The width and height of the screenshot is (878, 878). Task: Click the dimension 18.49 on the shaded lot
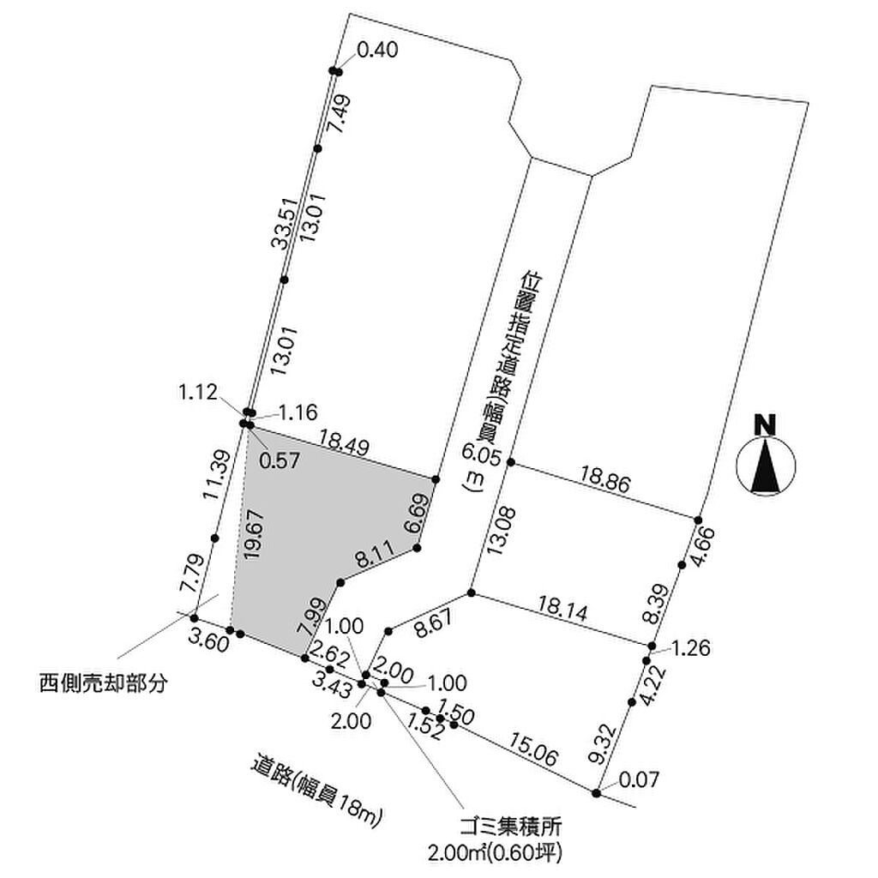pos(344,443)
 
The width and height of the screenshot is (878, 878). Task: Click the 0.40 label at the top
pos(377,51)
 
